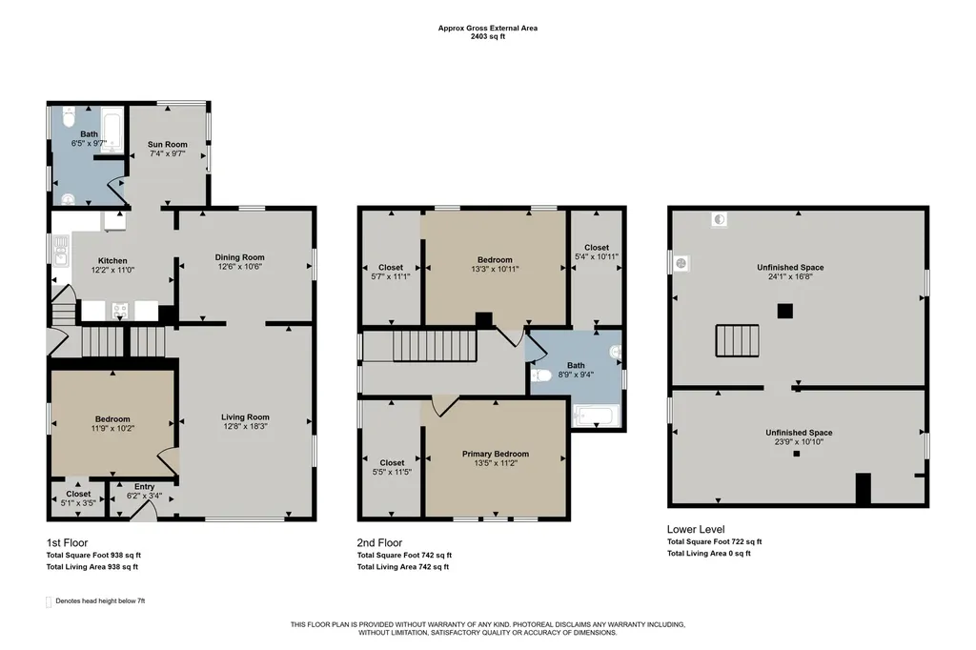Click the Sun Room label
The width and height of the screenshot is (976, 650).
click(168, 145)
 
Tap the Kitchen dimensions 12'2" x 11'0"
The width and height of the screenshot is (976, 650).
click(112, 271)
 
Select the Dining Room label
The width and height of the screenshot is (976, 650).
click(239, 257)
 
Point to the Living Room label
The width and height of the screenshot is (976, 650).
click(245, 417)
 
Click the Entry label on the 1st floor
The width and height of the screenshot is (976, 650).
click(145, 487)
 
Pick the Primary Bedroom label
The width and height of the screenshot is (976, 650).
click(496, 454)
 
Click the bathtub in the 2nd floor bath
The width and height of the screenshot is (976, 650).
click(597, 416)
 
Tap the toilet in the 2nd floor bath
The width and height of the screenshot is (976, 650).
click(541, 376)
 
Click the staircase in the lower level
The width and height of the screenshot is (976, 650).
click(737, 340)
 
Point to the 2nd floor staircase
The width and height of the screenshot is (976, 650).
click(435, 346)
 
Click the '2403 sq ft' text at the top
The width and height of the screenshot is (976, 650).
click(488, 37)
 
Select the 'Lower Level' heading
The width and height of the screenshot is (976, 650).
click(696, 529)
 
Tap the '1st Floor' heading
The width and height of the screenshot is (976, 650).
click(67, 543)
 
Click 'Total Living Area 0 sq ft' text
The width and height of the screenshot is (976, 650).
click(709, 554)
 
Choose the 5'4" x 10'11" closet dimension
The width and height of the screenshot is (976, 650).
click(597, 256)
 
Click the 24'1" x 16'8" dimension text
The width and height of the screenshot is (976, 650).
click(790, 276)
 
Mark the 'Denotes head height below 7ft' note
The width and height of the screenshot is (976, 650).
click(100, 601)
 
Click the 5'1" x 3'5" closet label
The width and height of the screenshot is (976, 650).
click(78, 503)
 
